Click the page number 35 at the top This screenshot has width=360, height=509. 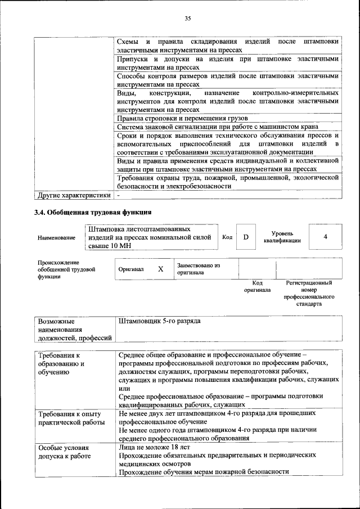tap(188, 19)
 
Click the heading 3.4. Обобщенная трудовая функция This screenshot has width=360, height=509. tap(93, 212)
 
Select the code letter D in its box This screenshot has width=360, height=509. tap(245, 237)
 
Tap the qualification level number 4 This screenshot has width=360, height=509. tap(325, 237)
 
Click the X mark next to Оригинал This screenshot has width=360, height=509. tap(160, 269)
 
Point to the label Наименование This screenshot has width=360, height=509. tap(56, 238)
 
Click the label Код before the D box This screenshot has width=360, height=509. tap(227, 237)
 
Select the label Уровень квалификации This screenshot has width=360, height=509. tap(282, 237)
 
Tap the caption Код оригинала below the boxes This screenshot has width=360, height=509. tap(257, 286)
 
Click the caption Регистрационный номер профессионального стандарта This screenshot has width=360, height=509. tap(309, 293)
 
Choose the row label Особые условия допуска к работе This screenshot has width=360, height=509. tap(64, 452)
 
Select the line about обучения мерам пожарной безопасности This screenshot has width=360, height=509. tap(204, 472)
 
